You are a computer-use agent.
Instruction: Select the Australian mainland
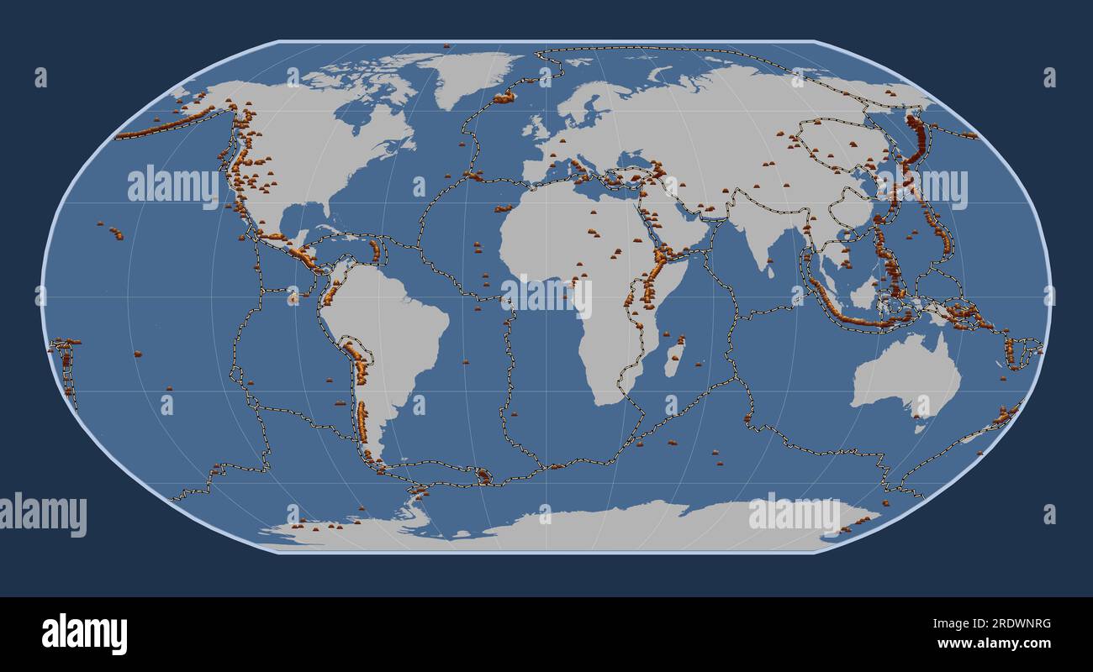(x=904, y=378)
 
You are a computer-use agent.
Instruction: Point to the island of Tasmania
(x=919, y=428)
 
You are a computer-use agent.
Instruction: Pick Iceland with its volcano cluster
(x=504, y=97)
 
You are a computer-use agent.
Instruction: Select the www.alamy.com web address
(x=994, y=643)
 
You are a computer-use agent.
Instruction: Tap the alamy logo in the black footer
(x=84, y=634)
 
